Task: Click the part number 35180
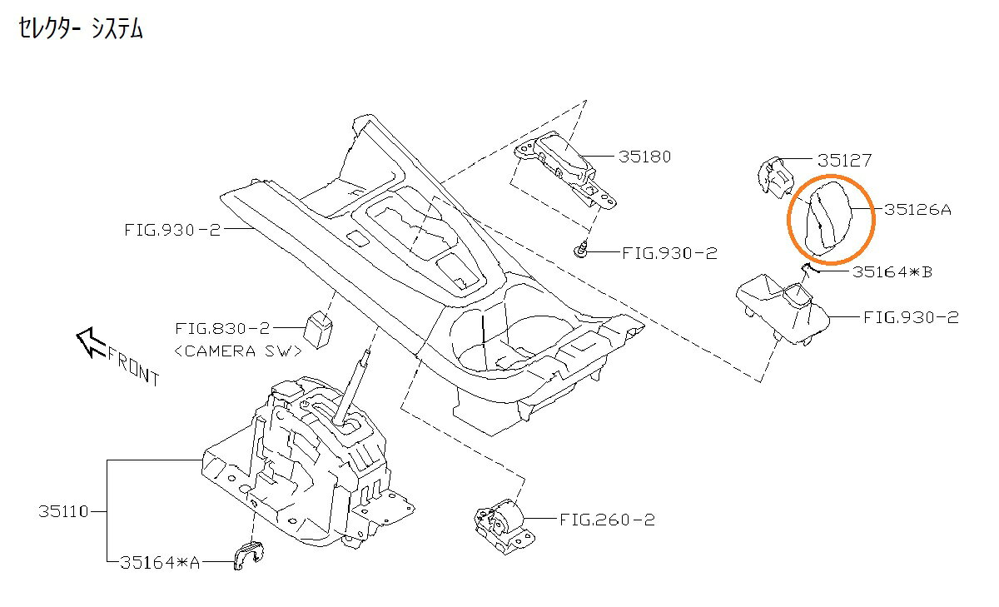(644, 157)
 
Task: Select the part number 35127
(844, 160)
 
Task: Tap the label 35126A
(917, 209)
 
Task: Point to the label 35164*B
(892, 271)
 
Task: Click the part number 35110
(63, 511)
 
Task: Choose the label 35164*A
(160, 563)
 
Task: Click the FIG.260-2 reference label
(607, 520)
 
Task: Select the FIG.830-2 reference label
(222, 329)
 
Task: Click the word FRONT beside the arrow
(132, 366)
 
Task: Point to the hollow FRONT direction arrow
(91, 341)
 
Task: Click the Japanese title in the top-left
(80, 28)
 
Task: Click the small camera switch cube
(318, 330)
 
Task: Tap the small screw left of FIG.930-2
(580, 250)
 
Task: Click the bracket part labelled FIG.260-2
(504, 527)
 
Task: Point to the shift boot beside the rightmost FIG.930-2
(783, 310)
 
